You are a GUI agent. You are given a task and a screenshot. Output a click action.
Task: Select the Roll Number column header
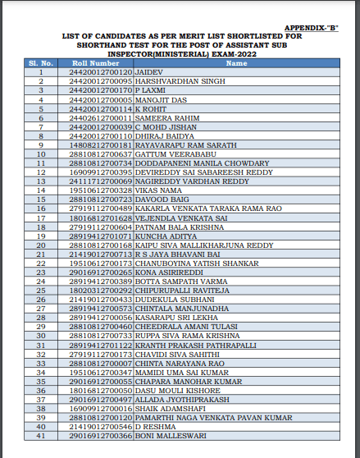coord(95,63)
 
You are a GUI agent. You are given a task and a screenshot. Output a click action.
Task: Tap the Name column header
coord(236,63)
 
